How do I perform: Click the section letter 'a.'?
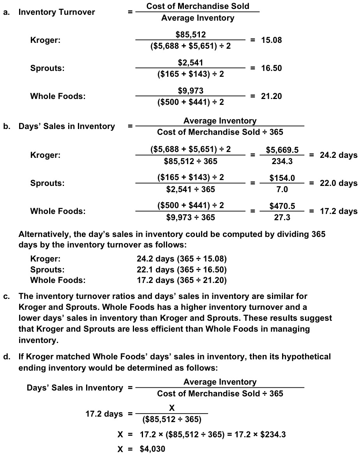coord(6,12)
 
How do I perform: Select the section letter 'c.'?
coord(6,297)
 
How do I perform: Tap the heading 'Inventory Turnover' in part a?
coord(57,12)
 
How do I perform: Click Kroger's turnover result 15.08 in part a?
coord(271,40)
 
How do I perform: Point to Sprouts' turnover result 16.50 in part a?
coord(271,68)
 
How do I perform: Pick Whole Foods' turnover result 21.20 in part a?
coord(271,96)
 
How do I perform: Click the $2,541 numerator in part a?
coord(191,63)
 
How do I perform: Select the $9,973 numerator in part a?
coord(191,91)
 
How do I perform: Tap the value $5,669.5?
coord(282,150)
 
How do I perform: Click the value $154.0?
coord(282,178)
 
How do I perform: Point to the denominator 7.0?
coord(282,189)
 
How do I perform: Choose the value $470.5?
coord(282,206)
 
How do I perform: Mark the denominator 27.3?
coord(282,217)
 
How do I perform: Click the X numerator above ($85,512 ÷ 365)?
coord(172,407)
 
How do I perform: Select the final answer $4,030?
coord(152,449)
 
